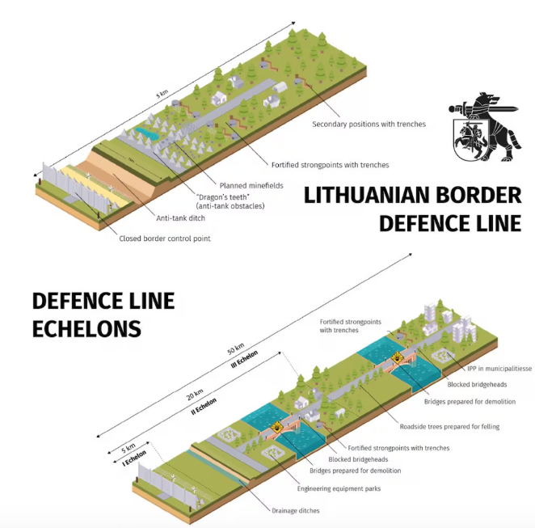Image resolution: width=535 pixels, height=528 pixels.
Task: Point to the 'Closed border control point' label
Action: (170, 239)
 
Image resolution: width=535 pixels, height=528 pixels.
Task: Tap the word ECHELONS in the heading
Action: (86, 329)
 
